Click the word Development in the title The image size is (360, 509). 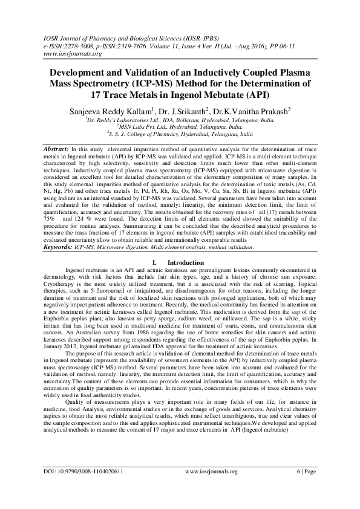[73, 72]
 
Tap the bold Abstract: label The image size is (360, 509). [56, 148]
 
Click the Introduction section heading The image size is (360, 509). [186, 279]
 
